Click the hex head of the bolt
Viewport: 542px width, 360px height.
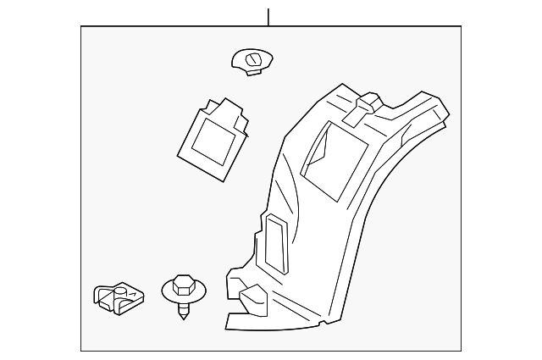pyautogui.click(x=182, y=281)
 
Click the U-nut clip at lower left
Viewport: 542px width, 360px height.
pyautogui.click(x=117, y=298)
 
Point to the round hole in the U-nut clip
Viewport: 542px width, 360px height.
pyautogui.click(x=121, y=291)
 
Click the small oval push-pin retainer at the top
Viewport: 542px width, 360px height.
pyautogui.click(x=252, y=60)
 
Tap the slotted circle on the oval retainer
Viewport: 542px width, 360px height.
pyautogui.click(x=254, y=58)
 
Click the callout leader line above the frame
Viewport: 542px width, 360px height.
pyautogui.click(x=268, y=17)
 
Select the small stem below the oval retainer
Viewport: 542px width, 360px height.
pyautogui.click(x=252, y=71)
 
